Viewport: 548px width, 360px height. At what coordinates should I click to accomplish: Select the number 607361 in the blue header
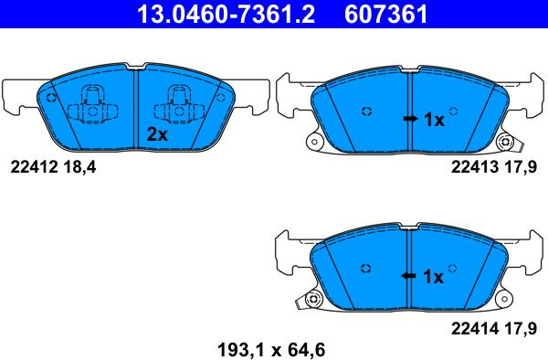[x=384, y=15]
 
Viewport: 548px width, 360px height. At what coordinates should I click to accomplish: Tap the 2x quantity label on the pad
[x=158, y=133]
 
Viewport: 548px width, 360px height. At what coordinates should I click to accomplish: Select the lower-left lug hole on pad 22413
[x=317, y=142]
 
